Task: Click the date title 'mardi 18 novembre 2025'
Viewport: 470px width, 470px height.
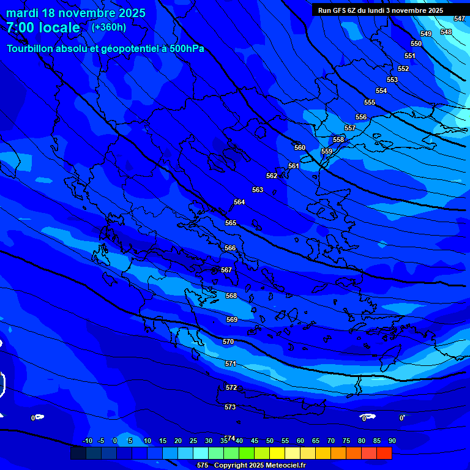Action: point(76,13)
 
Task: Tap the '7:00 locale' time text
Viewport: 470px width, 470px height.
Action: point(43,28)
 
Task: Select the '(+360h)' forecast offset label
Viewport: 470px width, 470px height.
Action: point(109,27)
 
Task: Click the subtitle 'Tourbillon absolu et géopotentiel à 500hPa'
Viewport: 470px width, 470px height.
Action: point(105,48)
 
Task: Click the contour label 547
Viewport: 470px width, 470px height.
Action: point(460,19)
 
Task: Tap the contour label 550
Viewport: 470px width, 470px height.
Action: point(416,43)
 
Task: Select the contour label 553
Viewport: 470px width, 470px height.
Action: point(392,80)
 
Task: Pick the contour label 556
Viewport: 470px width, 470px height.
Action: point(361,117)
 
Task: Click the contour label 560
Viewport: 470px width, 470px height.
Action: point(299,147)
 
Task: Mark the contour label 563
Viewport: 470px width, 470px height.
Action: point(258,190)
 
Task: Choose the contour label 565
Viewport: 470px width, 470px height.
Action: point(231,223)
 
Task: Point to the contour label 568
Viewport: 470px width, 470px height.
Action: point(231,296)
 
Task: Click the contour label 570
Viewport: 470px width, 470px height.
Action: point(228,341)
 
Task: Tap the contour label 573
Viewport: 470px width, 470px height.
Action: point(230,407)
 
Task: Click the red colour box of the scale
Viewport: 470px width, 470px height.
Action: point(384,453)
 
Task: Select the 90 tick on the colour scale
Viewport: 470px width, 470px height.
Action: point(392,441)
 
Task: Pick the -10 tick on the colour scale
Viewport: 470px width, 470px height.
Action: point(87,441)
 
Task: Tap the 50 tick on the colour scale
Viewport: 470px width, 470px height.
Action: point(269,441)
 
